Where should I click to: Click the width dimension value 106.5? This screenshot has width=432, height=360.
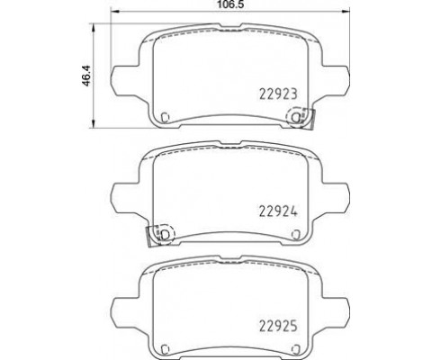tap(230, 4)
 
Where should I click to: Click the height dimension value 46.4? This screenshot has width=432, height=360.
tap(86, 76)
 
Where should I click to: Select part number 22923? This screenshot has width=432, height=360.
tap(278, 94)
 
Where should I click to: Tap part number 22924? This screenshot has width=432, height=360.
tap(278, 212)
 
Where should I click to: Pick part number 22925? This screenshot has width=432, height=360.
tap(278, 326)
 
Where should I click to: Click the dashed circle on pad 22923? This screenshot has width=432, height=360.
tap(288, 118)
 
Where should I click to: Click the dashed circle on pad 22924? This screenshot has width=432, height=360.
tap(174, 234)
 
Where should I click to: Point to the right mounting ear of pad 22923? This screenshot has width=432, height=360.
tap(336, 81)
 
